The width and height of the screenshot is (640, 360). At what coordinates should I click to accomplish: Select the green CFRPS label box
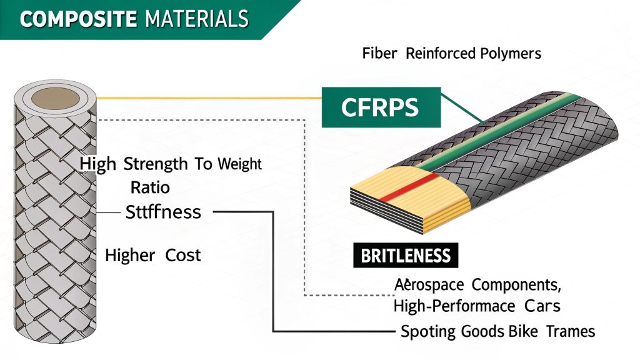click(x=380, y=107)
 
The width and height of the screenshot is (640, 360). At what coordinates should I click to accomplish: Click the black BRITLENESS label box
click(x=406, y=256)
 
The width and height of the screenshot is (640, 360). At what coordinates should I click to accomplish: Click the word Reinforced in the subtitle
click(x=440, y=54)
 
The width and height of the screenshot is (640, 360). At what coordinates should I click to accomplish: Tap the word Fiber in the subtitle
click(x=379, y=54)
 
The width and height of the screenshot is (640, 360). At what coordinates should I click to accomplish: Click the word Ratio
click(x=150, y=187)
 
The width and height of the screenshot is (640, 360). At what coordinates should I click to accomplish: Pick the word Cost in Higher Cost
click(x=183, y=255)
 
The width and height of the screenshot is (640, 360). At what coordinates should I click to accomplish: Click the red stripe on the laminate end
click(x=407, y=187)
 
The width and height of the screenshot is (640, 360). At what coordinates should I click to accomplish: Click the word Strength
click(x=156, y=164)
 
